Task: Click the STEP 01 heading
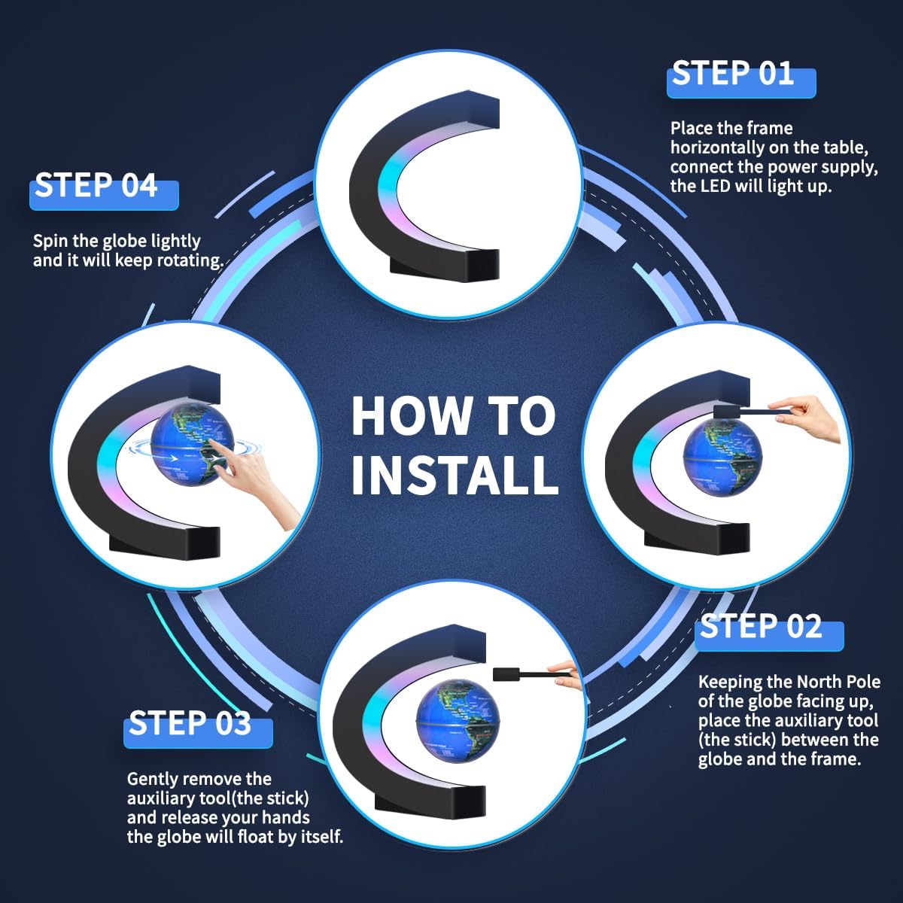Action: pos(733,74)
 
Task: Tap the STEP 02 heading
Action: pos(761,626)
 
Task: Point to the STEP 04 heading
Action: pos(96,185)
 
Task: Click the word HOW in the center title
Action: pos(412,415)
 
